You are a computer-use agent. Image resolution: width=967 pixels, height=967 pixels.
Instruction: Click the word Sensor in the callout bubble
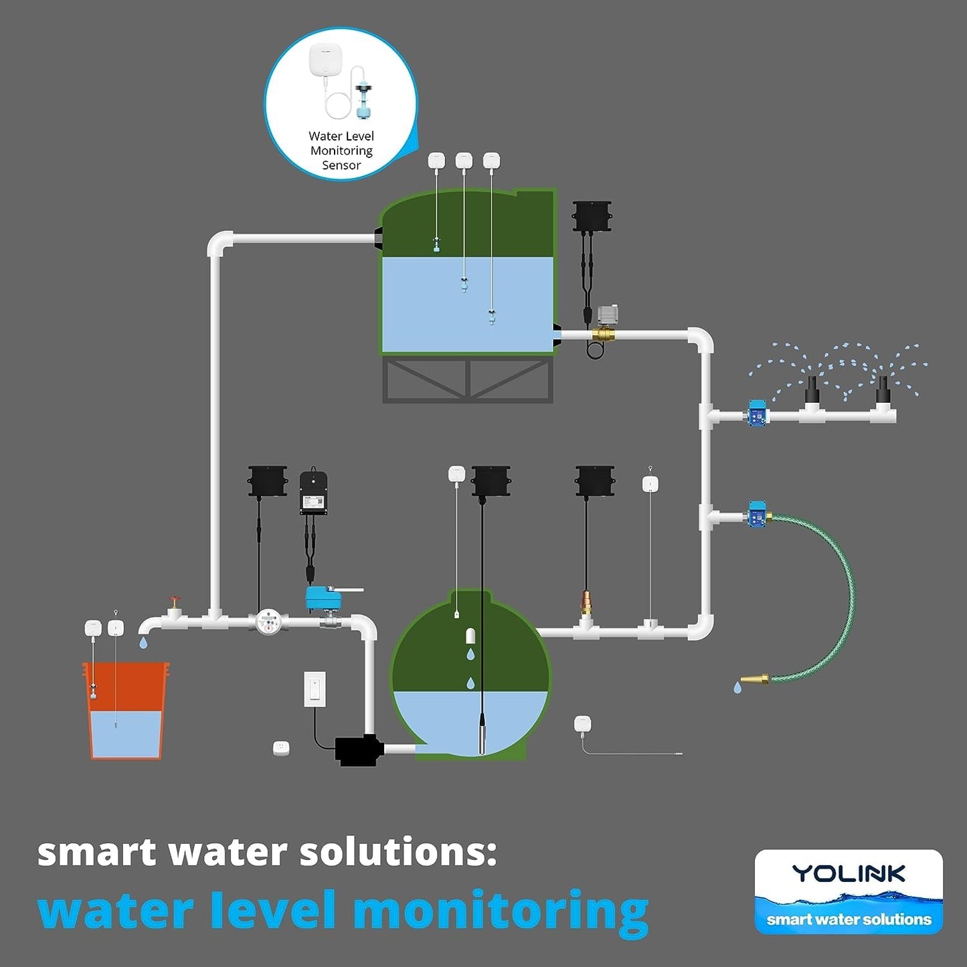click(x=341, y=165)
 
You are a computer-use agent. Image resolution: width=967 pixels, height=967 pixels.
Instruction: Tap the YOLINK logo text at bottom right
click(x=849, y=874)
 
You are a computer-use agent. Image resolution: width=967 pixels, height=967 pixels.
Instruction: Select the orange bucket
click(x=125, y=711)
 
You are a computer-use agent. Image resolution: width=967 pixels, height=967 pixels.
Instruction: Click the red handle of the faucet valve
click(x=175, y=599)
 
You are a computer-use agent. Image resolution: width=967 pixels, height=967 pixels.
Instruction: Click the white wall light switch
click(x=315, y=689)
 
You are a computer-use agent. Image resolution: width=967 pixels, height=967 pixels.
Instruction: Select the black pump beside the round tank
click(x=359, y=750)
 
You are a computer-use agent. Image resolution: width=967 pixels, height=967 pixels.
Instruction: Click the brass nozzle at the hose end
click(x=755, y=680)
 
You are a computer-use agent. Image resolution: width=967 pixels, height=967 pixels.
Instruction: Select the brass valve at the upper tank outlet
click(x=603, y=334)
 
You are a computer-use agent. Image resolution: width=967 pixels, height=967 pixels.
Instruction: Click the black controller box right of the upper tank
click(x=592, y=215)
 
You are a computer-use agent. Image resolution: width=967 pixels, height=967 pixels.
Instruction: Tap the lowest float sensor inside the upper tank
click(x=492, y=317)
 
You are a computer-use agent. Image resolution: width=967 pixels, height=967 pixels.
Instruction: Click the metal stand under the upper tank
click(x=468, y=379)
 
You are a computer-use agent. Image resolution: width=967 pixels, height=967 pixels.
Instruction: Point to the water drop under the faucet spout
click(x=143, y=642)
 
